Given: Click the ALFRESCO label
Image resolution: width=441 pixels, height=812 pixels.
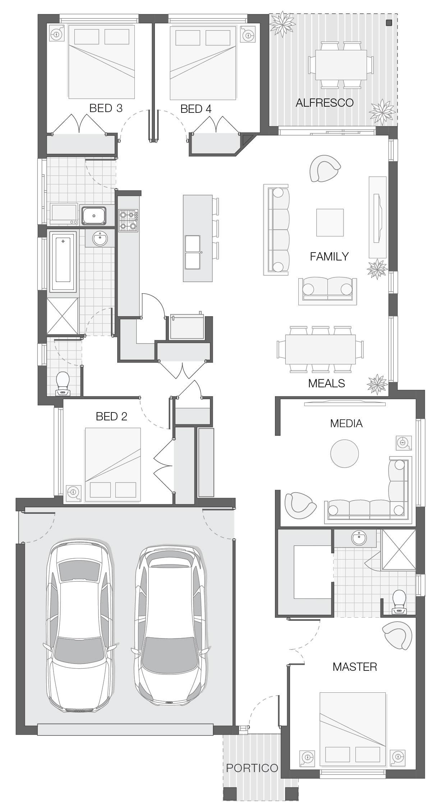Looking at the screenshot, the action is [x=325, y=103].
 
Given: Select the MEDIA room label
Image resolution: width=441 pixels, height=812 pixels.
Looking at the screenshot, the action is [x=346, y=423].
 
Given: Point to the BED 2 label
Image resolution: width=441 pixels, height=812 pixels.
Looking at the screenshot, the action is [x=111, y=416].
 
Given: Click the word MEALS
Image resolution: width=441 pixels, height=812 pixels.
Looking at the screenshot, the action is [x=326, y=383].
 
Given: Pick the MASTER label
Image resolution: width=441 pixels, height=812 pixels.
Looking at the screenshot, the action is [x=355, y=667].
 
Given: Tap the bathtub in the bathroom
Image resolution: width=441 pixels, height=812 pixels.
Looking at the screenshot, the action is [x=63, y=262].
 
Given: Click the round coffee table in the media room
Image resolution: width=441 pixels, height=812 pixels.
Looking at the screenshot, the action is [x=344, y=453].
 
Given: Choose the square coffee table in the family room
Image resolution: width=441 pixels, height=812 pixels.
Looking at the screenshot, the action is [x=330, y=222].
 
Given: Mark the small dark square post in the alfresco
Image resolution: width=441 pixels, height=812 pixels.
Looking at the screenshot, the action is [x=389, y=23].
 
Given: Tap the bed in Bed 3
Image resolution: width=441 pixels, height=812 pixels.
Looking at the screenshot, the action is [x=101, y=61].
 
